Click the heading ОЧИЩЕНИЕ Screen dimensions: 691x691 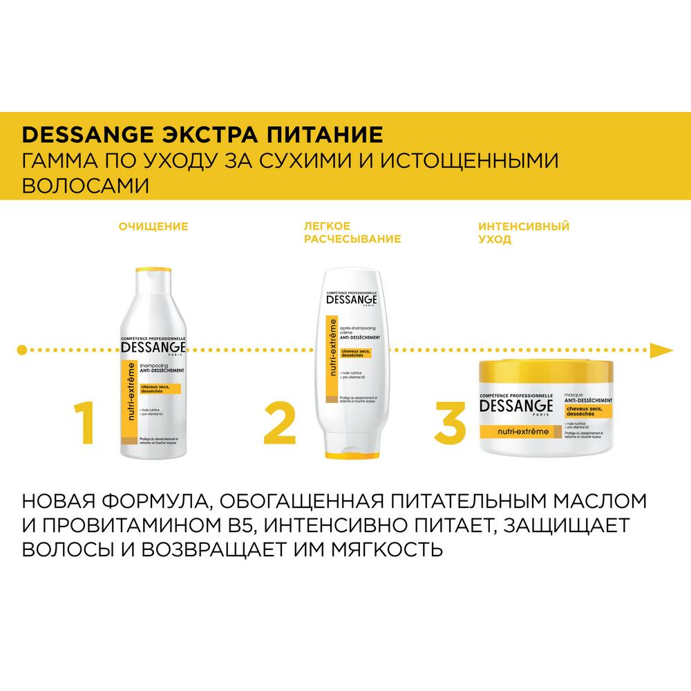(153, 226)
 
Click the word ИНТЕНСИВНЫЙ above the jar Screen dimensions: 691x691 (524, 226)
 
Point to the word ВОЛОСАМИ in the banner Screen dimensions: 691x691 (85, 186)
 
